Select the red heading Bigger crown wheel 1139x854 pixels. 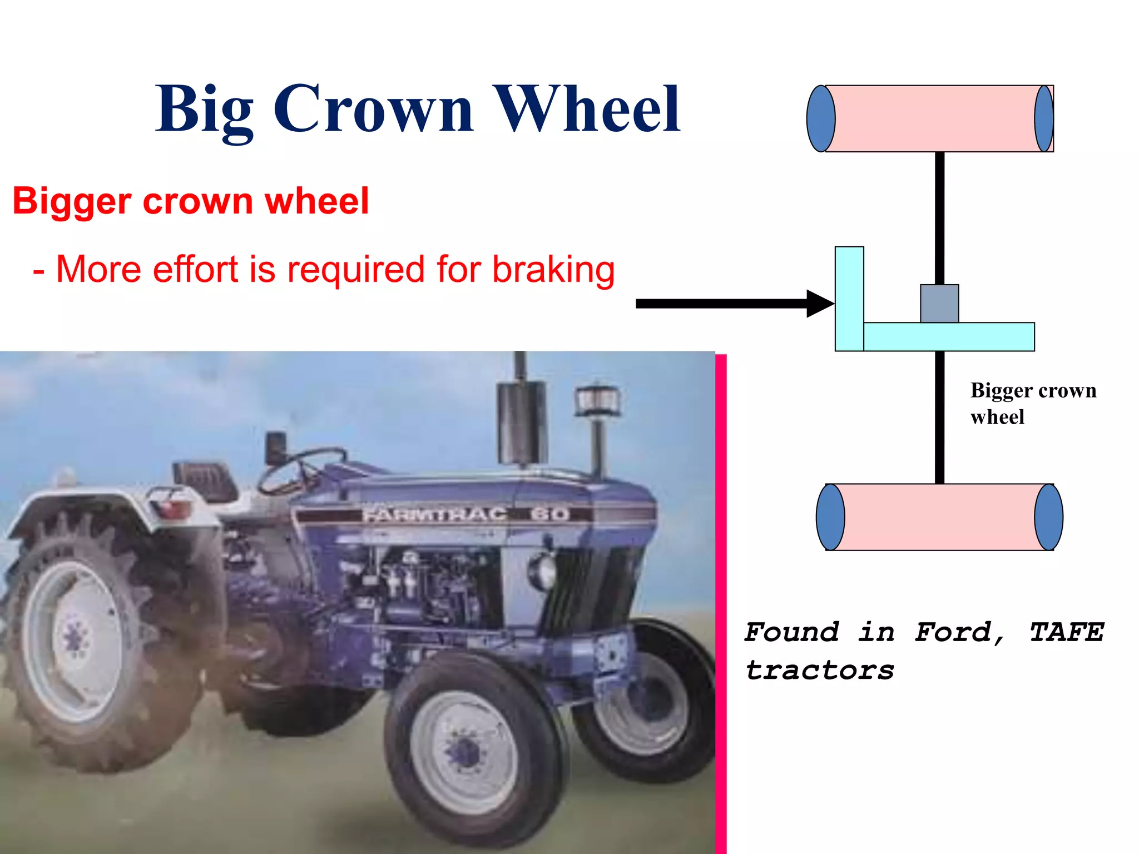[x=191, y=201]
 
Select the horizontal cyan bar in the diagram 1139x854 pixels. [x=948, y=337]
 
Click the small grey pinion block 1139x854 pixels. [x=939, y=304]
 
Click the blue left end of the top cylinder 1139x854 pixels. [x=821, y=118]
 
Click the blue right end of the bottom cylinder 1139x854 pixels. [x=1048, y=517]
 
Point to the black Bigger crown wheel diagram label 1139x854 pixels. [x=1033, y=403]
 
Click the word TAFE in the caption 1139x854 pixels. [x=1066, y=632]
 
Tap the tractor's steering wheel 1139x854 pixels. [x=300, y=470]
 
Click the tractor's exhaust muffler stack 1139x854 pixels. [x=521, y=423]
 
